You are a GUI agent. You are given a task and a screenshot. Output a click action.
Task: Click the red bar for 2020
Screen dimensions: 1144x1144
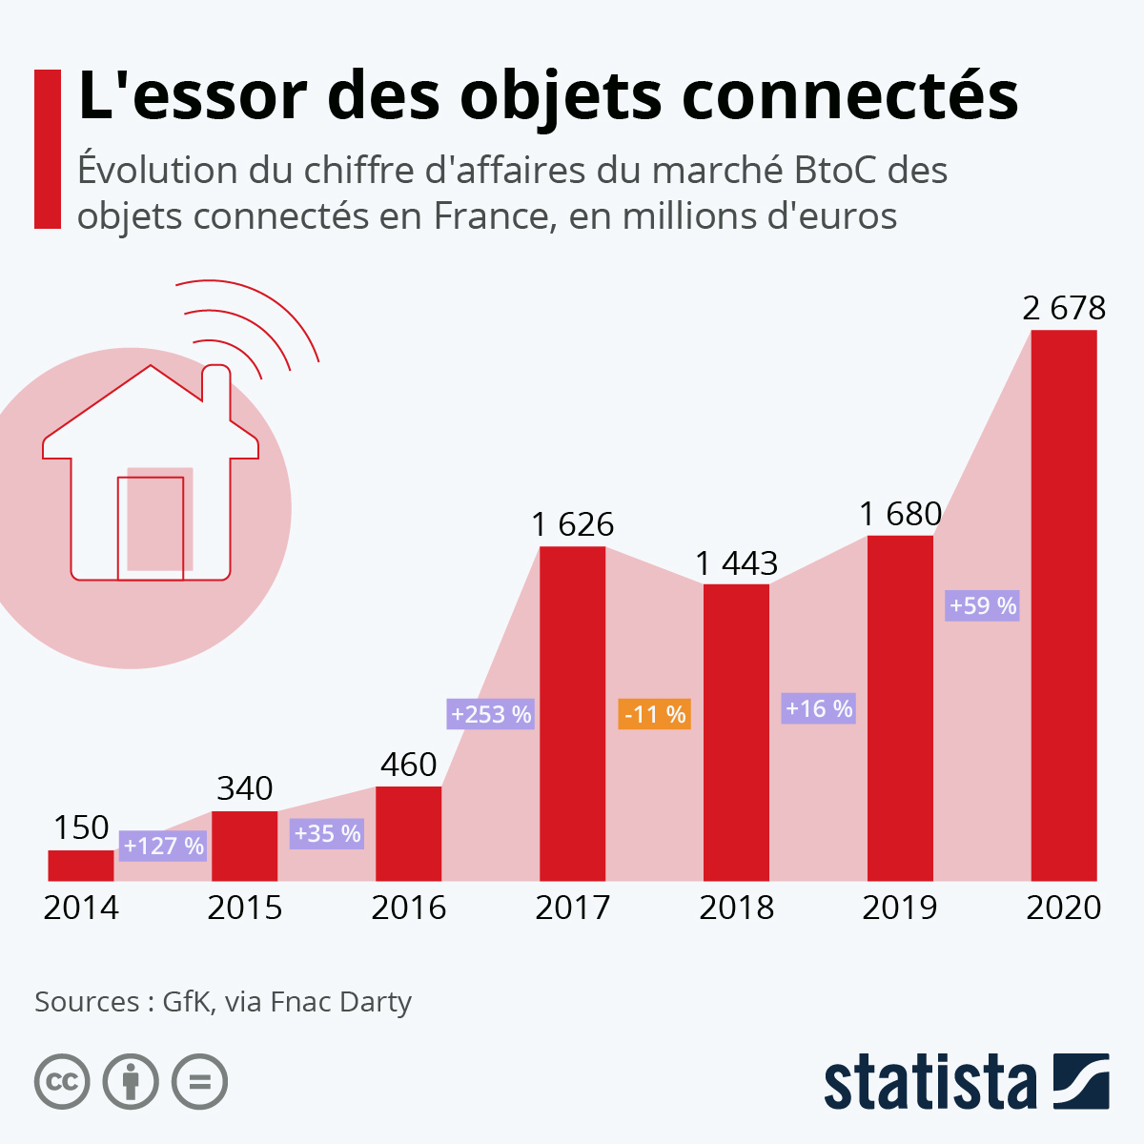click(1064, 605)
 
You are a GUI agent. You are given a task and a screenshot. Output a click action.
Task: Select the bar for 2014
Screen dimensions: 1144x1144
click(81, 865)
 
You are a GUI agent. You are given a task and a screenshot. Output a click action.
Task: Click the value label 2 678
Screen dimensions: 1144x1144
click(1064, 308)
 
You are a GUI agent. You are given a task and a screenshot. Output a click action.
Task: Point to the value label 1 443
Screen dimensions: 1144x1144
click(736, 563)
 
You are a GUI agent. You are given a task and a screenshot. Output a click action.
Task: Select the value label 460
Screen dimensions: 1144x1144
click(408, 765)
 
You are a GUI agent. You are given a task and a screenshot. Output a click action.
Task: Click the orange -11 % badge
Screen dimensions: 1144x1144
click(654, 714)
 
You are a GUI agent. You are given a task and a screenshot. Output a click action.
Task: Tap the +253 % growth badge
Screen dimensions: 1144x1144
click(491, 714)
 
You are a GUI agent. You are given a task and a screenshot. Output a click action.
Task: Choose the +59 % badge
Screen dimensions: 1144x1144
click(982, 605)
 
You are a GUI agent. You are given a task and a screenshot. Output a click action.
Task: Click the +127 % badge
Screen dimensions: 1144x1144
click(163, 846)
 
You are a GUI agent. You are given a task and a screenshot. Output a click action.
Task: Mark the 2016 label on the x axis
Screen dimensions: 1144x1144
click(408, 908)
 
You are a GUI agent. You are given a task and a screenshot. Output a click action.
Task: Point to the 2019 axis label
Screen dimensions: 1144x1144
click(900, 908)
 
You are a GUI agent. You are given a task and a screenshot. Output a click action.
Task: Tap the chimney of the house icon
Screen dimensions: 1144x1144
click(215, 386)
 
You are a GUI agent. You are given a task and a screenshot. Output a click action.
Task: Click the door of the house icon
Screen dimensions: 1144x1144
click(151, 527)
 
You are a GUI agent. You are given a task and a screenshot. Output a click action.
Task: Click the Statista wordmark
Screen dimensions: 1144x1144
click(929, 1082)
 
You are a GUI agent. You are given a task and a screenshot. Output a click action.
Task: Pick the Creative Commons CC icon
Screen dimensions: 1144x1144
click(62, 1082)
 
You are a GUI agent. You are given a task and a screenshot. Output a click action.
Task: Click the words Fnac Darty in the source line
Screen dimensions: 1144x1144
click(341, 1002)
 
